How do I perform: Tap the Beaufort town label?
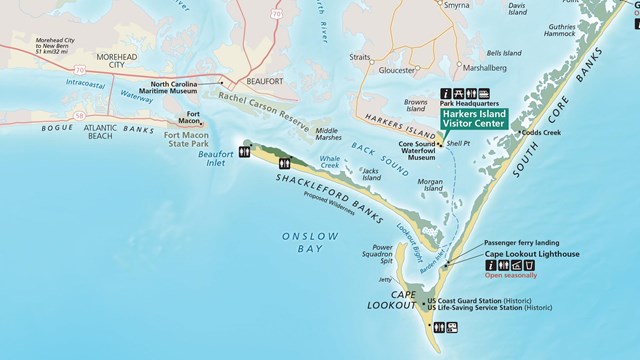(x=261, y=84)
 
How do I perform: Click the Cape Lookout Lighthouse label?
(x=532, y=254)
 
